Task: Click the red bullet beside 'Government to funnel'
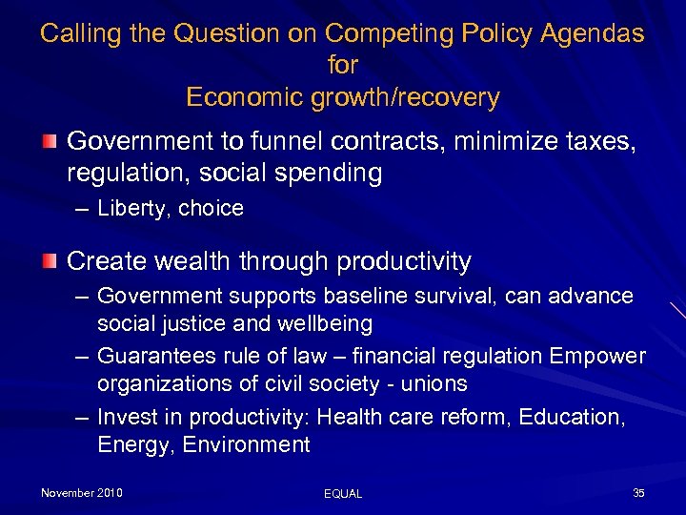coord(49,142)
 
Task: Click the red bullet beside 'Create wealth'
coord(49,260)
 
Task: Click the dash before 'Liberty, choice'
coord(84,208)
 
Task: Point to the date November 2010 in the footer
coord(82,493)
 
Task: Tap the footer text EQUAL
coord(343,494)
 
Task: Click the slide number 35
coord(638,493)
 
